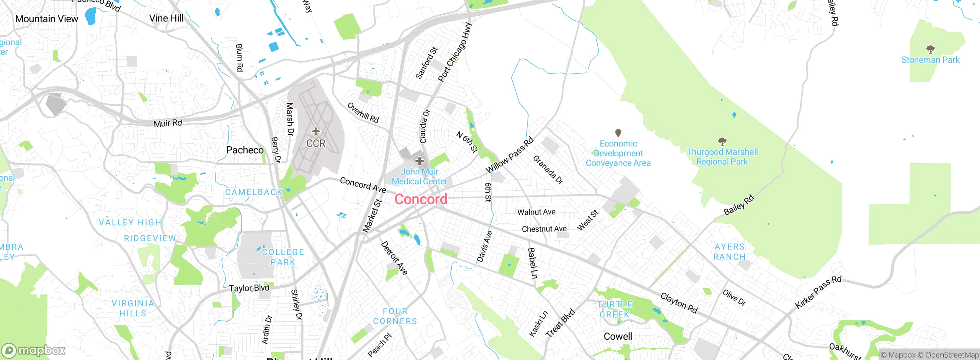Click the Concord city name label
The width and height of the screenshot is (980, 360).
coord(421,199)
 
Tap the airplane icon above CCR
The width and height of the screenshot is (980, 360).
coord(316,132)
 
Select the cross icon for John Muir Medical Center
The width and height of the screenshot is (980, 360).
coord(420,161)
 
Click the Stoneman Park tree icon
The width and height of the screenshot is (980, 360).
coord(930,49)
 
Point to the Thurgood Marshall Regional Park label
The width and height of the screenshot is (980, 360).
coord(722,157)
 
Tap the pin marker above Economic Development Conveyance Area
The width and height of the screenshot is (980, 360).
coord(618,133)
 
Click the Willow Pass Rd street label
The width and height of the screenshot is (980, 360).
coord(510,155)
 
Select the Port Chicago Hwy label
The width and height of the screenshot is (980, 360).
coord(455,52)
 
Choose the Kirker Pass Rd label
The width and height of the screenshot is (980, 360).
coord(818,292)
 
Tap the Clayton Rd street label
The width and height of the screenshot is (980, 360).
coord(679,303)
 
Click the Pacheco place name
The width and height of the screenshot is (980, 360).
coord(245,150)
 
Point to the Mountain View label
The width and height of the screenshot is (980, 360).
coord(47,19)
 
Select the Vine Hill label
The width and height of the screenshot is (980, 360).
coord(166,18)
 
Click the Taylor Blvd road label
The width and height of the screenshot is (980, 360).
coord(249,288)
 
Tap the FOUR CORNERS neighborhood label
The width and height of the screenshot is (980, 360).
coord(395,316)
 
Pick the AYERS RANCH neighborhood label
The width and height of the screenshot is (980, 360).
coord(730,252)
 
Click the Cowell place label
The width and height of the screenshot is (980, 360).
coord(618,336)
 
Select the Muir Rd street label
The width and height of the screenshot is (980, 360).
coord(168,123)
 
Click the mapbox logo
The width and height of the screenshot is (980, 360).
coord(33,350)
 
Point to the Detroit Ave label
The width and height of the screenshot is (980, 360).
coord(394,258)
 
